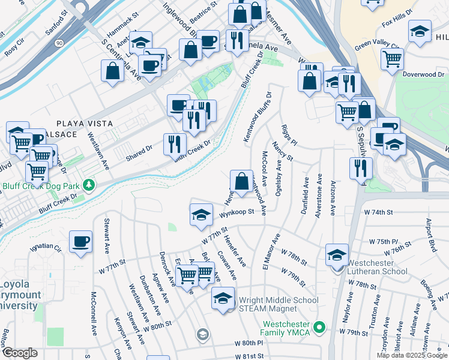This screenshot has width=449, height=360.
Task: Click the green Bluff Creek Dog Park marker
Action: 89,184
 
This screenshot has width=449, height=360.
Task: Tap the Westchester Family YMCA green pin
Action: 319,328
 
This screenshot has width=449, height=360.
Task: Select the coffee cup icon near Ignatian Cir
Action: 80,242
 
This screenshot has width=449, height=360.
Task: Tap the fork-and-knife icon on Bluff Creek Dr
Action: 175,144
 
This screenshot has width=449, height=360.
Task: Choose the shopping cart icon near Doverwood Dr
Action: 392,59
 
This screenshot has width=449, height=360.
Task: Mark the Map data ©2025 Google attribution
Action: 412,355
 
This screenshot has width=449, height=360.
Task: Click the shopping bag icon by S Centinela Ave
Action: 113,71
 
